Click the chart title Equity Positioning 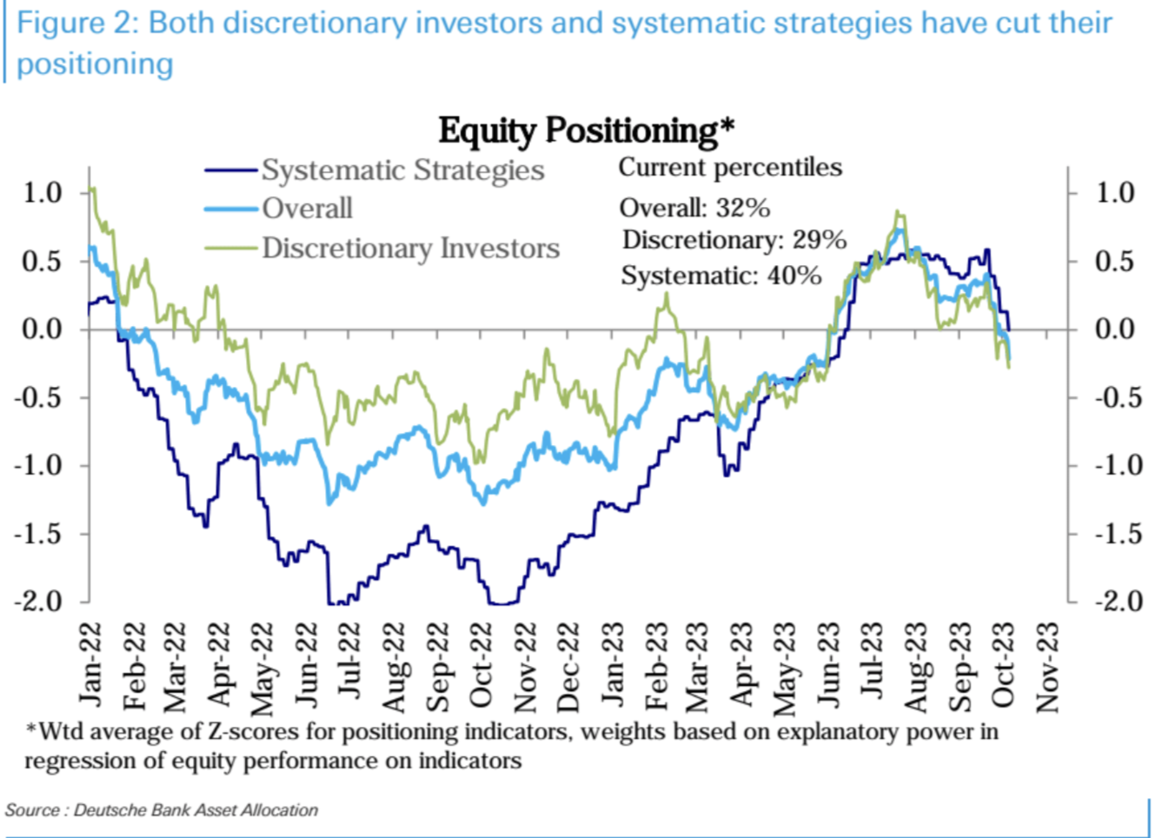coord(586,130)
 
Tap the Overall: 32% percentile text coord(694,208)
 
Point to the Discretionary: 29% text coord(733,240)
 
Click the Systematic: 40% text coord(720,276)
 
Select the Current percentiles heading coord(730,167)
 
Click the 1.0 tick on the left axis coord(43,192)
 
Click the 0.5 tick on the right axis coord(1115,261)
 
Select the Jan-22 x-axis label coord(90,665)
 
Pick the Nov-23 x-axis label coord(1047,665)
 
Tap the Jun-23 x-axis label coord(829,665)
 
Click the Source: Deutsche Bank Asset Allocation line coord(162,810)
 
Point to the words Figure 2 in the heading coord(71,23)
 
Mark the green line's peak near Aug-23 coord(898,211)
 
